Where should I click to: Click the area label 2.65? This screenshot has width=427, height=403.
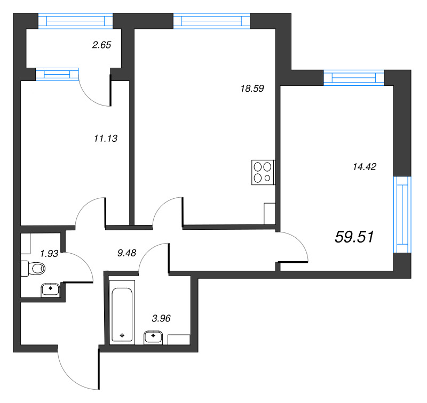101,45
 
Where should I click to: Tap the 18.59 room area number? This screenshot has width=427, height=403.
252,88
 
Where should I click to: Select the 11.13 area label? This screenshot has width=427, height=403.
106,139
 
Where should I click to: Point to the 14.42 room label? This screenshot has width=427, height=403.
365,166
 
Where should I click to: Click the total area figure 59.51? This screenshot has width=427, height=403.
354,237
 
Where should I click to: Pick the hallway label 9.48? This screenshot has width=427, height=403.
126,253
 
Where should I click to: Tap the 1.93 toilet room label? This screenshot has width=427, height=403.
49,254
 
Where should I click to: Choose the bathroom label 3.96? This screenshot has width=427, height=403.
161,318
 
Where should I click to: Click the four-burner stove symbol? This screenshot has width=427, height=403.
263,172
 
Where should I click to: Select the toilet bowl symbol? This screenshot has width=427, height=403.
33,268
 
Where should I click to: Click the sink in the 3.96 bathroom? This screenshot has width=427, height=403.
153,338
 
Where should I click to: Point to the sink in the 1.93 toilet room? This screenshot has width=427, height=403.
51,290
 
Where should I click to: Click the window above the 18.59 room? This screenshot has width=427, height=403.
211,21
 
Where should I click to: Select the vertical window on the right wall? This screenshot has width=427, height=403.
402,214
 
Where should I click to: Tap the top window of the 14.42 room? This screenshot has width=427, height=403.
353,78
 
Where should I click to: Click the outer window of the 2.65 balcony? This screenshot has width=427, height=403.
75,21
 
